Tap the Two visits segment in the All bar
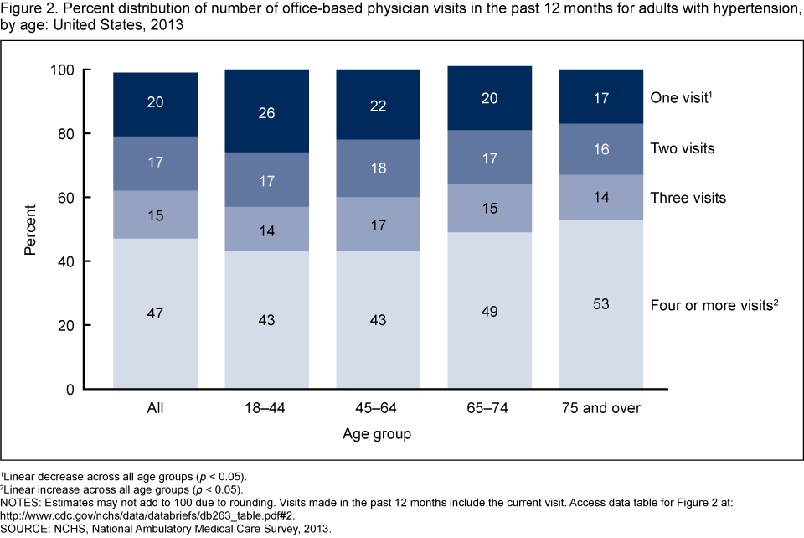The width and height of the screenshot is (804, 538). (x=155, y=163)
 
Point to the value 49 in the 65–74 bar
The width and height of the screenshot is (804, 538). (x=489, y=312)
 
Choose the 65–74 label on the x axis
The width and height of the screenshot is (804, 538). (x=489, y=409)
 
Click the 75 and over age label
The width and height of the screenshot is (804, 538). (x=600, y=409)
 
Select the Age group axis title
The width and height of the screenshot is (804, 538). (x=377, y=435)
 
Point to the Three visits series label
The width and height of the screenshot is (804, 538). (x=688, y=199)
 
